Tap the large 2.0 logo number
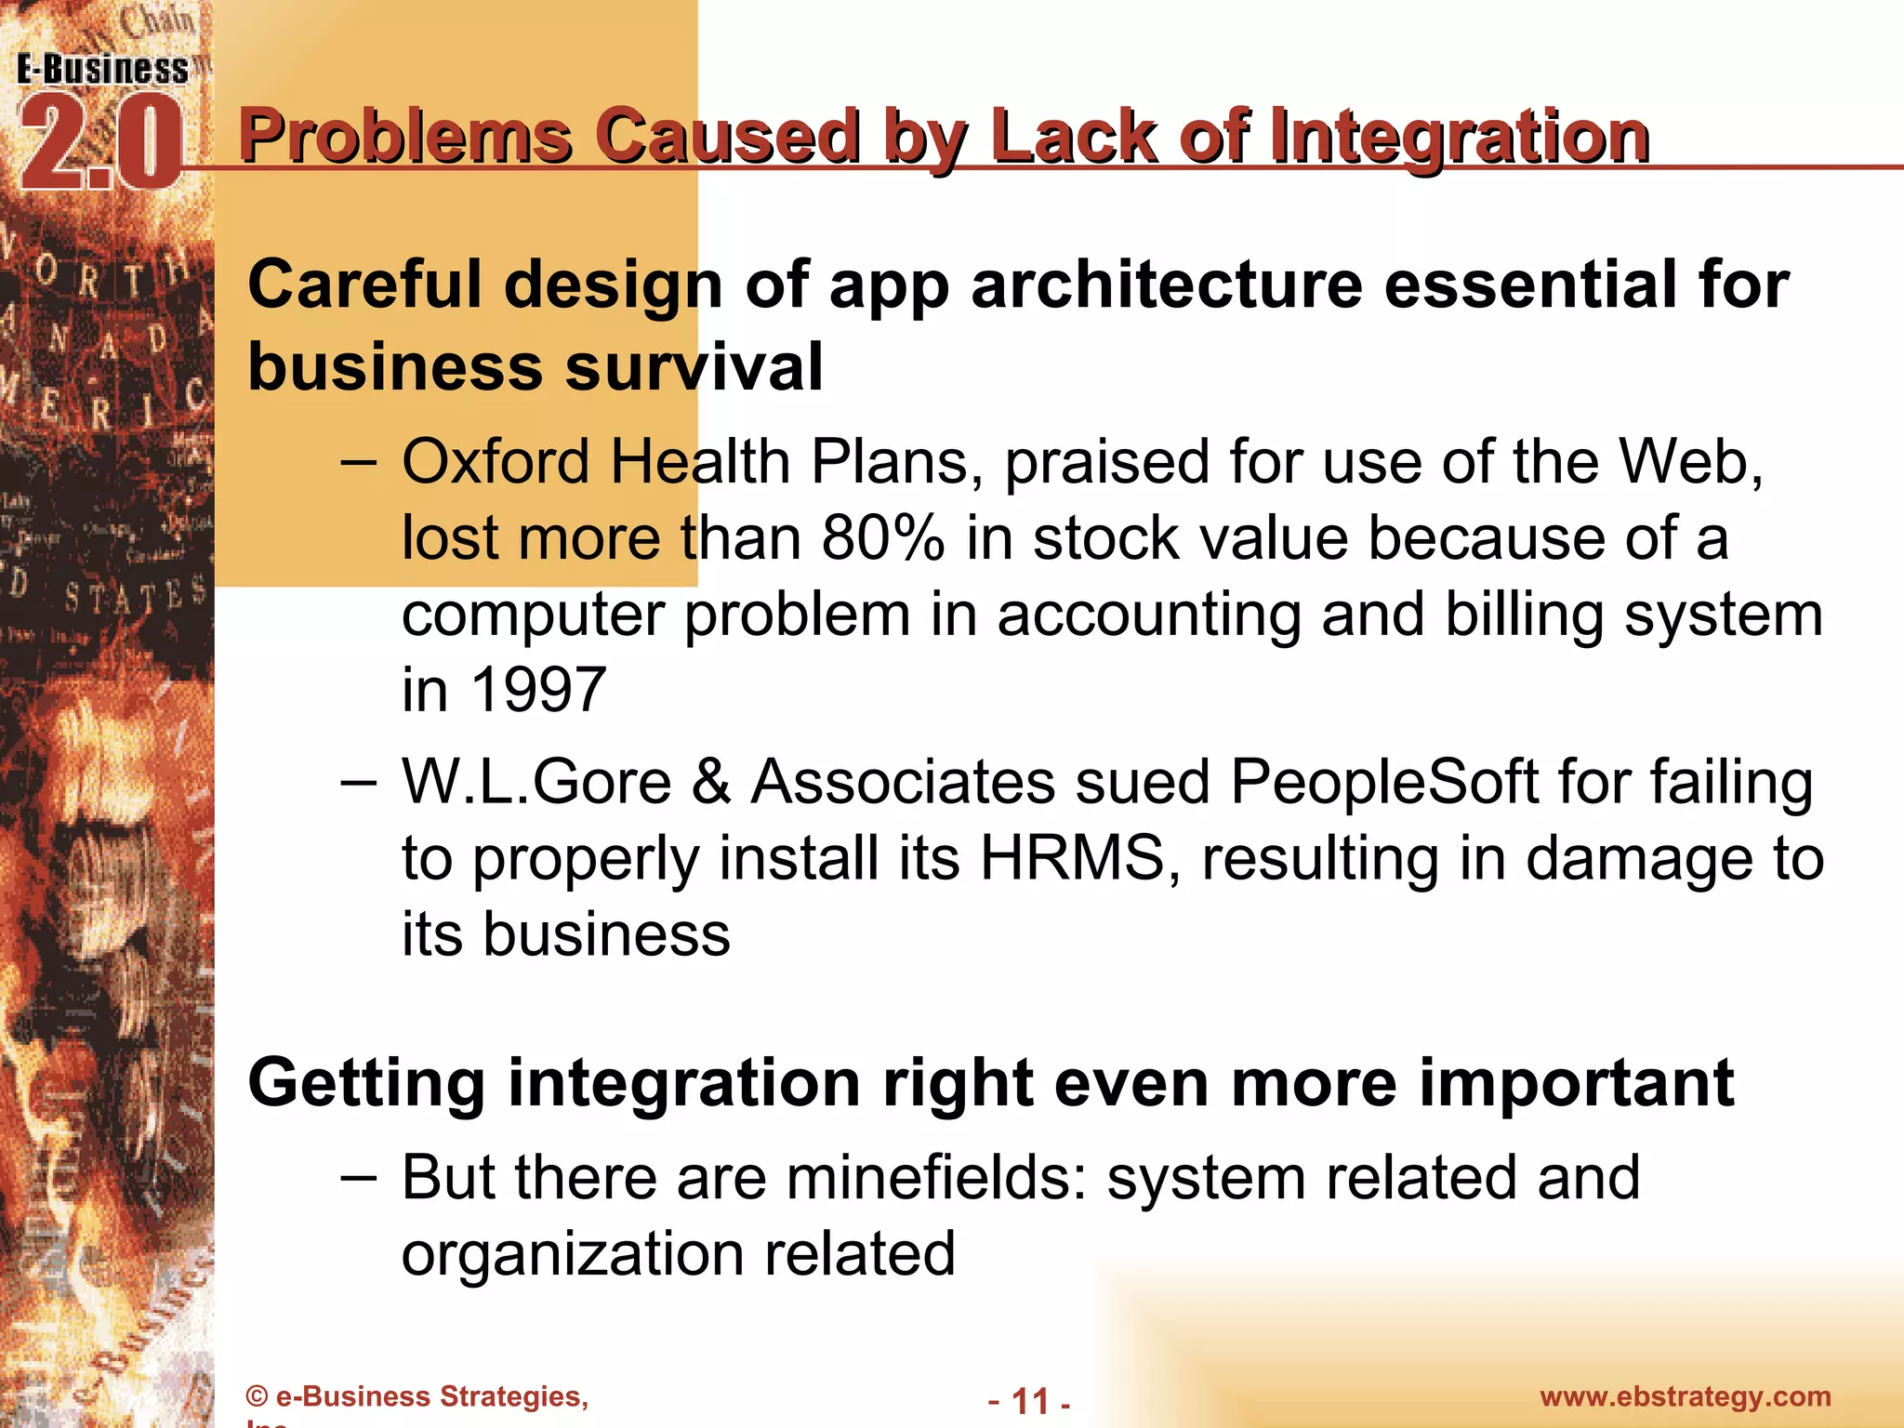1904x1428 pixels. point(100,144)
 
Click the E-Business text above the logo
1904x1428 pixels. point(102,70)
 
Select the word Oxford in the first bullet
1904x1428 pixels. point(496,461)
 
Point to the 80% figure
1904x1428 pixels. point(882,538)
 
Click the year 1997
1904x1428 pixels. point(538,690)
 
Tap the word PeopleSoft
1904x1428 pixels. point(1384,782)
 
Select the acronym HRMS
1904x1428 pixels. point(1072,857)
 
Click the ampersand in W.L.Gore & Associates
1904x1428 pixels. point(711,782)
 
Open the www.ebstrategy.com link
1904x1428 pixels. point(1685,1396)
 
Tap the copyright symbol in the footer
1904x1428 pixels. point(257,1397)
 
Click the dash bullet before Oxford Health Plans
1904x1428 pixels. point(359,461)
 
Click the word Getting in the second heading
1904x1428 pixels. point(366,1084)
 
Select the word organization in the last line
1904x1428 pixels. point(572,1254)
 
